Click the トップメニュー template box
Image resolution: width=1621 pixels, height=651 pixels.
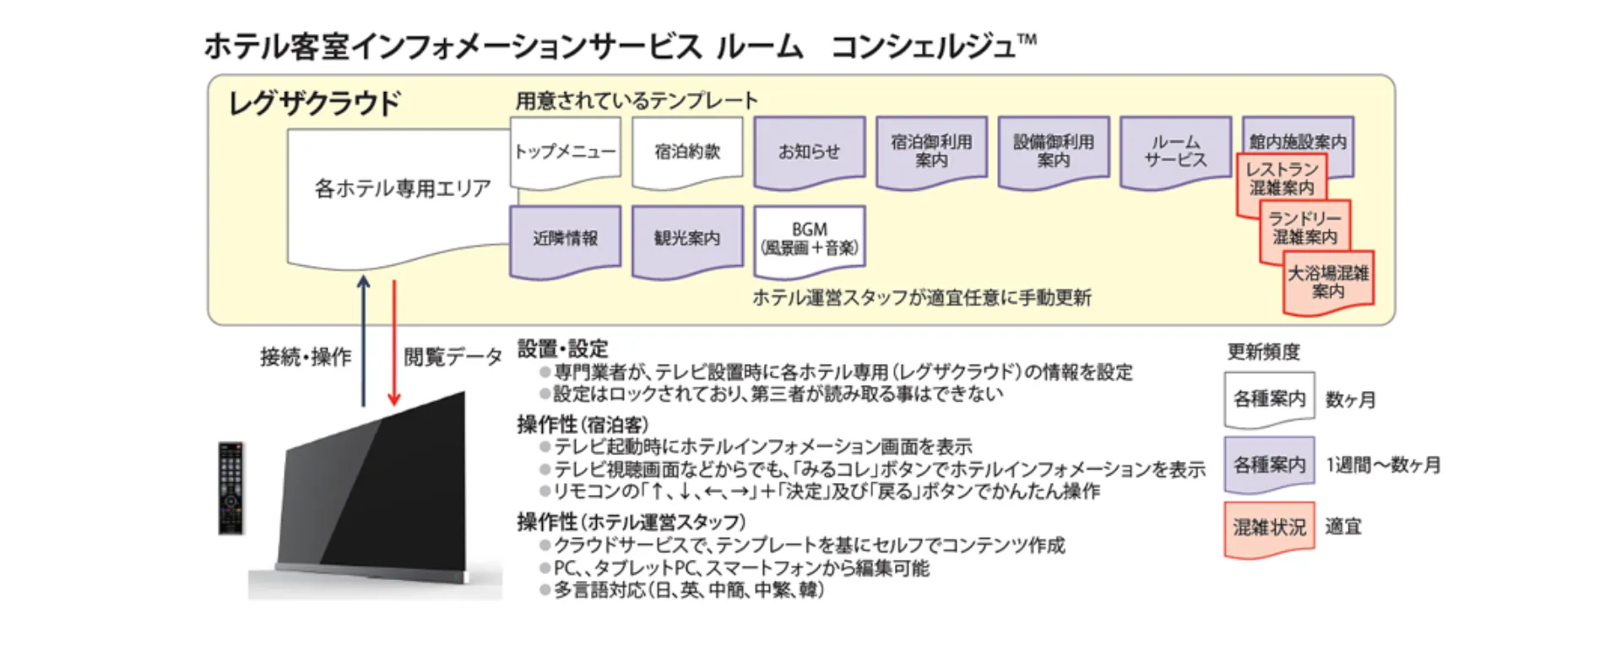(565, 152)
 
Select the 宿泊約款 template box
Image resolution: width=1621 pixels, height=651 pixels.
(687, 152)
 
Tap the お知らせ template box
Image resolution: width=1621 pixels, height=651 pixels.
(809, 152)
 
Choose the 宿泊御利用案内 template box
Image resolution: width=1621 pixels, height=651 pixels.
(931, 151)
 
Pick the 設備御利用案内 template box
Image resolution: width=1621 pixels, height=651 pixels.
(1053, 151)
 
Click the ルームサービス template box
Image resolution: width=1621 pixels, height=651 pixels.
(1175, 151)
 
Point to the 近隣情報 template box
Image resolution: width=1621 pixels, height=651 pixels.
(565, 239)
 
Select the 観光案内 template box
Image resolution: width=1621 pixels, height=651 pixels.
(687, 239)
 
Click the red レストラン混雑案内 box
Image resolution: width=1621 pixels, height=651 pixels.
(1281, 179)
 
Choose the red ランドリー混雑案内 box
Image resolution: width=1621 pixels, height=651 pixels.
(1304, 228)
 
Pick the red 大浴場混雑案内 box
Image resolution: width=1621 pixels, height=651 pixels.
(1328, 282)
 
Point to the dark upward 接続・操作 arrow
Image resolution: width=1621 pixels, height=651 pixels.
(363, 342)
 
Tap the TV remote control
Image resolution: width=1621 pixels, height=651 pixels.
(231, 487)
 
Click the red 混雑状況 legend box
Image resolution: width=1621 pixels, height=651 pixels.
(1269, 529)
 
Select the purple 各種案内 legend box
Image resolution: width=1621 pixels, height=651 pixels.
(1269, 464)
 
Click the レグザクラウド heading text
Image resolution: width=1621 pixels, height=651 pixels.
(314, 104)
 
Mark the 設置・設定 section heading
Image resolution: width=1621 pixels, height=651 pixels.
(562, 349)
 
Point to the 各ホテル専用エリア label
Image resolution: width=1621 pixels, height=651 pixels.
(402, 188)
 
